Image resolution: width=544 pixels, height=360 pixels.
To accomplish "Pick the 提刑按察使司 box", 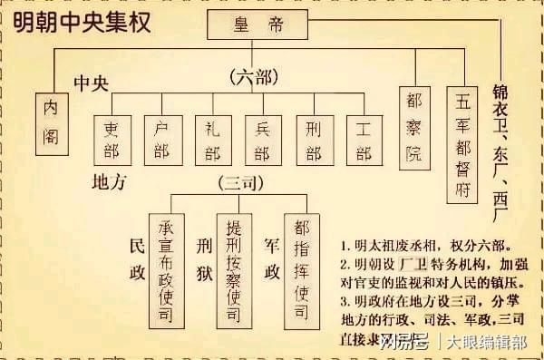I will (234, 270).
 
